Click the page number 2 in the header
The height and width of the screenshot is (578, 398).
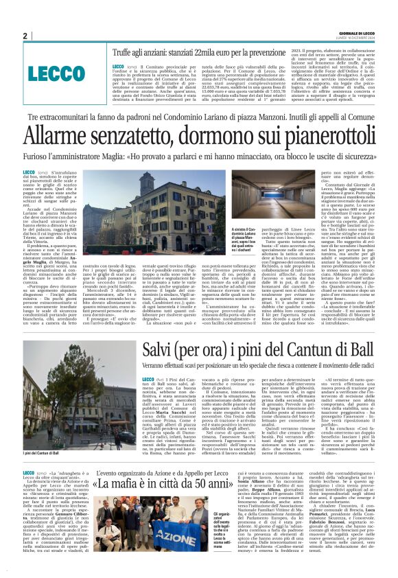[x=25, y=36]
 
